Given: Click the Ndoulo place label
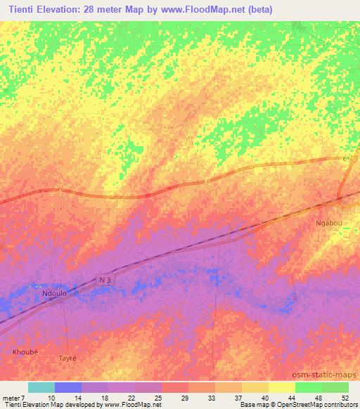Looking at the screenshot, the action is [54, 293].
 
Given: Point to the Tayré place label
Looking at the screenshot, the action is [66, 358].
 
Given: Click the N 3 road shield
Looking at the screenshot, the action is [105, 280].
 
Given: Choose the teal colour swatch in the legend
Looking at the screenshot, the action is [41, 387].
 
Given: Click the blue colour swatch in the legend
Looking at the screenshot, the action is [68, 387].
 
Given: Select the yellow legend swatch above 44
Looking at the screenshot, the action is [282, 387].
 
